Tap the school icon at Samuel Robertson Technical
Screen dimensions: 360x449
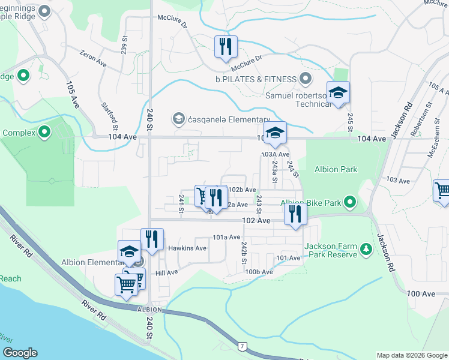(338, 92)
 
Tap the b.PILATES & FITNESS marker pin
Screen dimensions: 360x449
(306, 79)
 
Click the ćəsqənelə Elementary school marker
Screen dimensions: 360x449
(178, 119)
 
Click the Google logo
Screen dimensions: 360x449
(20, 352)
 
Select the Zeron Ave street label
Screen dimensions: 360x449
(93, 58)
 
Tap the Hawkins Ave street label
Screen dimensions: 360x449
(187, 248)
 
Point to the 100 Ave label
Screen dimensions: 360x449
(420, 293)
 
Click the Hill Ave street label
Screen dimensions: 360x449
(167, 272)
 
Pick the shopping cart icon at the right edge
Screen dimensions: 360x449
(442, 191)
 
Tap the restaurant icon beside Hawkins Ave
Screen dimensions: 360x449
(152, 239)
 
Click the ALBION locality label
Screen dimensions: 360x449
(149, 309)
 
